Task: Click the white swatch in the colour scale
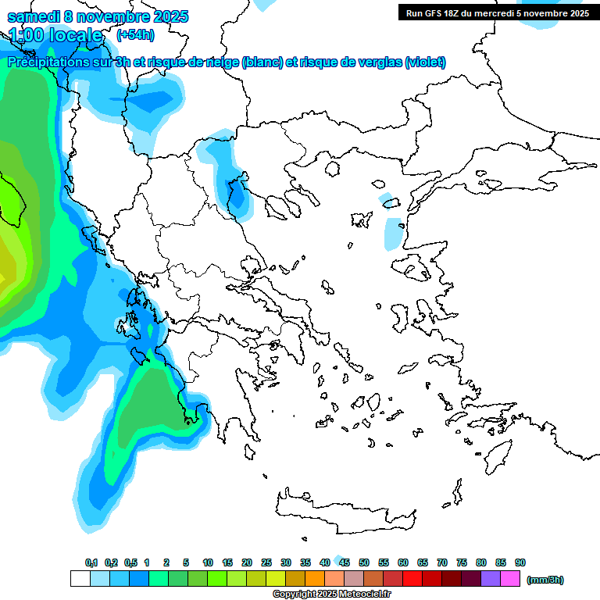[x=80, y=578]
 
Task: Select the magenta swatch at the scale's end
[x=510, y=578]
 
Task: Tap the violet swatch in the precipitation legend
[x=491, y=578]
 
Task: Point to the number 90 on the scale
[x=520, y=562]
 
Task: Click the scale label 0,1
[x=91, y=562]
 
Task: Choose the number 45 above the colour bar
[x=345, y=562]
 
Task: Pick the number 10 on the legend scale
[x=208, y=562]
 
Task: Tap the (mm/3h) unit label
[x=545, y=580]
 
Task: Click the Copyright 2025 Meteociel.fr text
[x=331, y=595]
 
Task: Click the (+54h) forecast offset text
[x=135, y=35]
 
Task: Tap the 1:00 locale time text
[x=55, y=35]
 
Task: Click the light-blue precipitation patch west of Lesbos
[x=393, y=233]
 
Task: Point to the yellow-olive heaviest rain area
[x=6, y=266]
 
